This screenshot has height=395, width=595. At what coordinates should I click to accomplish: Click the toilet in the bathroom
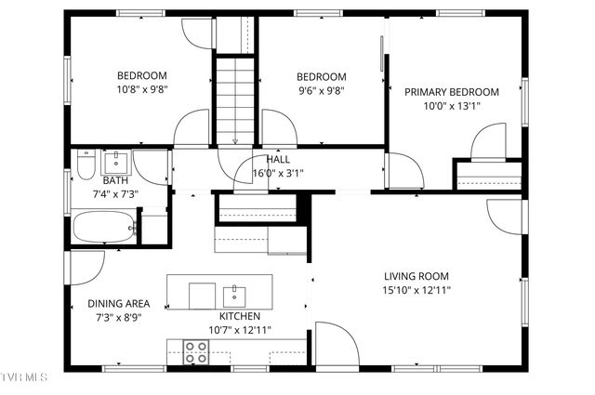point(86,165)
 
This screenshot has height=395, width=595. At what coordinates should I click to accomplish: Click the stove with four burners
point(196,351)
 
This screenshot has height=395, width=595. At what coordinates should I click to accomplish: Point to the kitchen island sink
point(233,296)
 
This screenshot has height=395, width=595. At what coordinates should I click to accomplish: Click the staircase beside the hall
point(235,99)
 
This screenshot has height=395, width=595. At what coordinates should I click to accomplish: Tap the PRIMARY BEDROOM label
point(451,92)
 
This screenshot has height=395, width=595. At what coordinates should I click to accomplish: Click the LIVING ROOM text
point(416,276)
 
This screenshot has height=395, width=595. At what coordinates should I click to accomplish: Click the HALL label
point(277,159)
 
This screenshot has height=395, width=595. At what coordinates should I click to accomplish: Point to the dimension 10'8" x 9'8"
point(141,90)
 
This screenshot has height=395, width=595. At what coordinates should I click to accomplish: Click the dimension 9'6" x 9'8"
point(321,90)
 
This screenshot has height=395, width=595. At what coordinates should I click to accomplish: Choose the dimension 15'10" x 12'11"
point(417,290)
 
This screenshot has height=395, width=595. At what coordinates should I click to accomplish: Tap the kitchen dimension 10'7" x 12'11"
point(238,330)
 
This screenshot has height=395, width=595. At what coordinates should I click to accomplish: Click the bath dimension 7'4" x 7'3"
point(115,194)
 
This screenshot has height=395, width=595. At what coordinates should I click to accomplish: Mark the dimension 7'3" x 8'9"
point(116,317)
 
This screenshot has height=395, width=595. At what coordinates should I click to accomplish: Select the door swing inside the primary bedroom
point(489,144)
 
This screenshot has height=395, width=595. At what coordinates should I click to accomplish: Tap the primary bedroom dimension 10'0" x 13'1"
point(452,106)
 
